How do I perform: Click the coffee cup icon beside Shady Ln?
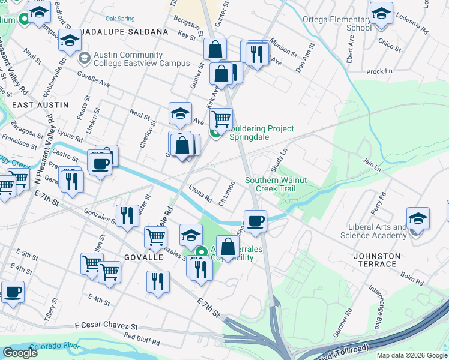click(255, 220)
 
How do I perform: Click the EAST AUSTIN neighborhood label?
click(40, 105)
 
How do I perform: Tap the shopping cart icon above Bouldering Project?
click(221, 118)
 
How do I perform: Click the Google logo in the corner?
click(20, 353)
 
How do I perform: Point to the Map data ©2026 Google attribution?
click(412, 355)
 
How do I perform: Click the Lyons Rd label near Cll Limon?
click(200, 194)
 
